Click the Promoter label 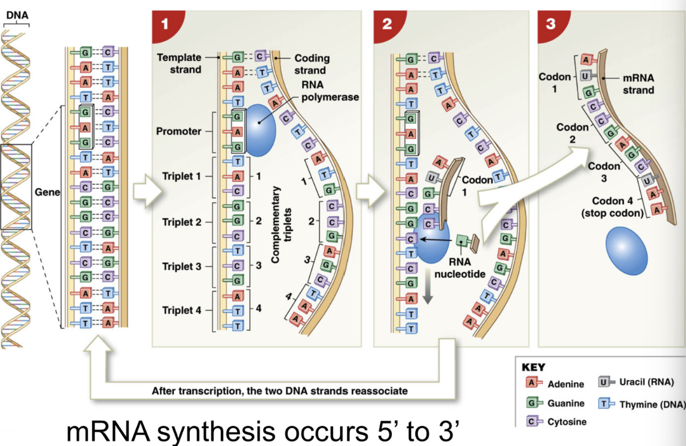178,131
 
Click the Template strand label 180,63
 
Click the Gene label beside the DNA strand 44,192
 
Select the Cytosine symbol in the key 533,421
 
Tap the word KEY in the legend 532,367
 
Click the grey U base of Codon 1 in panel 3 586,76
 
